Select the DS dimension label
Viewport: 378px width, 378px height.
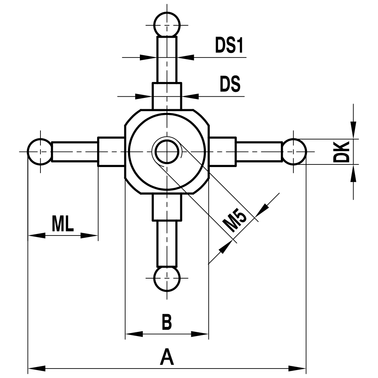230,85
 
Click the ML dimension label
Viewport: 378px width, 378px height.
63,224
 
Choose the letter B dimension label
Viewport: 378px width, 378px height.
167,322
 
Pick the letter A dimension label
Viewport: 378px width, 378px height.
167,358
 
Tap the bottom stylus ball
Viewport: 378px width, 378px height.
167,279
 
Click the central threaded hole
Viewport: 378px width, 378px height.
167,152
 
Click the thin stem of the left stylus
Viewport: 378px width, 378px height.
74,152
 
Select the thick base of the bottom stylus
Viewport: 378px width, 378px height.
167,208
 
